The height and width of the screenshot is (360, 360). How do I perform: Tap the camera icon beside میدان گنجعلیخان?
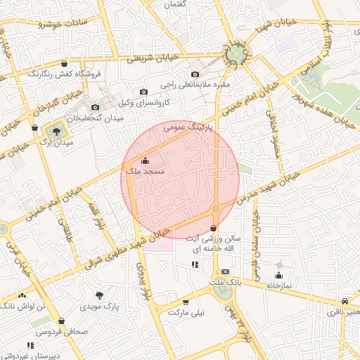[x=95, y=107]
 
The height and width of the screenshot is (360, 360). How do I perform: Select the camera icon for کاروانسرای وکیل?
[x=143, y=91]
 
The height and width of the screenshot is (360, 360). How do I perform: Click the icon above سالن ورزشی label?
[x=213, y=228]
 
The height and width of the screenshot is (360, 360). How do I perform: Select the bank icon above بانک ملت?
[x=225, y=271]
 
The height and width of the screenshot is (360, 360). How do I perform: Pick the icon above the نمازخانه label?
[x=279, y=276]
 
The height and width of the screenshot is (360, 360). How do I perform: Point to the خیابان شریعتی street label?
[x=150, y=61]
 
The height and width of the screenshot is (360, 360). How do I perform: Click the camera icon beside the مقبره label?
[x=195, y=75]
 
